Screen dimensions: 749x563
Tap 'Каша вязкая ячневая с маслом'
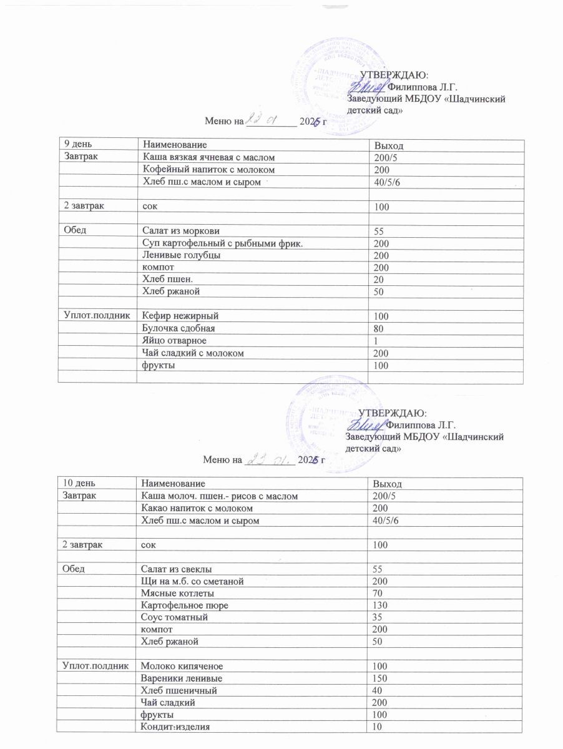pyautogui.click(x=208, y=157)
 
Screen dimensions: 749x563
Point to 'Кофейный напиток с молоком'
pyautogui.click(x=208, y=169)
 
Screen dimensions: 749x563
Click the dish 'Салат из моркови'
pyautogui.click(x=181, y=230)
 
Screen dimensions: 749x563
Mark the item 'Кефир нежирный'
pyautogui.click(x=180, y=316)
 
